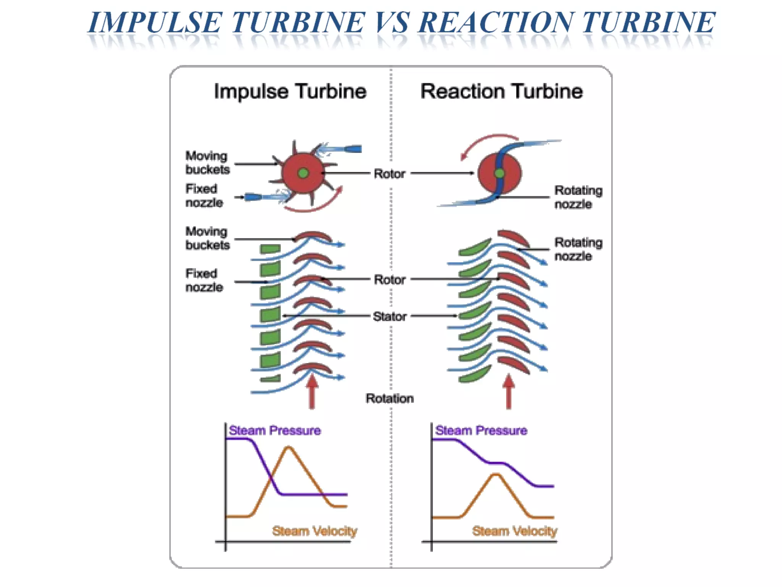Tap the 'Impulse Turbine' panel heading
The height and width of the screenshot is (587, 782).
click(290, 91)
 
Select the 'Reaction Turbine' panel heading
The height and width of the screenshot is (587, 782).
click(501, 91)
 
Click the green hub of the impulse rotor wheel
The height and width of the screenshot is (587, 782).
click(303, 173)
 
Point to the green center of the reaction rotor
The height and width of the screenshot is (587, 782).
click(499, 174)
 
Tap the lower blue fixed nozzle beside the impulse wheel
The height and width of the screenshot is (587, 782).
click(254, 197)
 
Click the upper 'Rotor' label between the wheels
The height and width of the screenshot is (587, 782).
click(389, 174)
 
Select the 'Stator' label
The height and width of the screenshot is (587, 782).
click(389, 316)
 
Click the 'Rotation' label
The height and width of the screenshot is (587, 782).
click(389, 398)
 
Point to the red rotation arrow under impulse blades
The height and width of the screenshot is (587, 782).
click(312, 392)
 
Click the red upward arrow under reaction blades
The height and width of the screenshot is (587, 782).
click(508, 392)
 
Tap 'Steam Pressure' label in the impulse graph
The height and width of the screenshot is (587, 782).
click(275, 430)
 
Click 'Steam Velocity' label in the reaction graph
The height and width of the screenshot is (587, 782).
click(514, 531)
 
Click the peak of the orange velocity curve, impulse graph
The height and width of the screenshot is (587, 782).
click(288, 447)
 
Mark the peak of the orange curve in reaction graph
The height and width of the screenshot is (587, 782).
click(496, 475)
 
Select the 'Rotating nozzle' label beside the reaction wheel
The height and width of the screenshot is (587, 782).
click(578, 197)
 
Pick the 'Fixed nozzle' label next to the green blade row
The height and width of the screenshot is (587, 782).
click(204, 281)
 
